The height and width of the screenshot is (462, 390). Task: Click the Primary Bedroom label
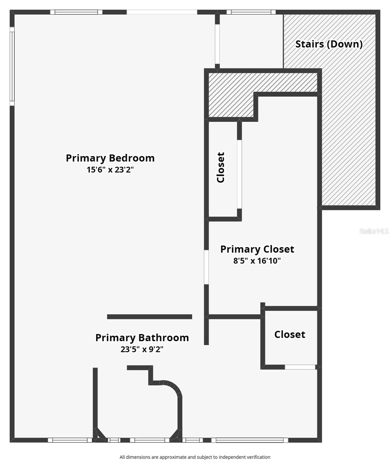110,158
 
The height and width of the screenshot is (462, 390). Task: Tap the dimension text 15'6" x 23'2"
110,170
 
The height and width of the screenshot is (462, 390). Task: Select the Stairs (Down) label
329,44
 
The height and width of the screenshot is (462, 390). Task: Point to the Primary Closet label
257,249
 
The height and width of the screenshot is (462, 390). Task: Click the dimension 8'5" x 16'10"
257,261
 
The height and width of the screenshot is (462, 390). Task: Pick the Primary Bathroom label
142,338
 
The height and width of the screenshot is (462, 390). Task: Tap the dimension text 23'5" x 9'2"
142,350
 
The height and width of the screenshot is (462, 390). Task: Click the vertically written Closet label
221,167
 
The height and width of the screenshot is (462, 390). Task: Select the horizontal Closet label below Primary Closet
290,334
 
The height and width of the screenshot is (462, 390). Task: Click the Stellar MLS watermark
374,231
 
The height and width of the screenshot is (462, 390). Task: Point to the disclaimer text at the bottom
195,457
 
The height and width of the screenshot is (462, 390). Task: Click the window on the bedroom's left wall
12,66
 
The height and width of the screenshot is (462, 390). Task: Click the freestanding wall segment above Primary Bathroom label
149,317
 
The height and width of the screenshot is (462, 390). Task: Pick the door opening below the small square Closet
300,367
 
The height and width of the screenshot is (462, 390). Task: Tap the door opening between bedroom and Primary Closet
206,267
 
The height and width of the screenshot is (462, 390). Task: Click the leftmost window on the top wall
76,12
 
